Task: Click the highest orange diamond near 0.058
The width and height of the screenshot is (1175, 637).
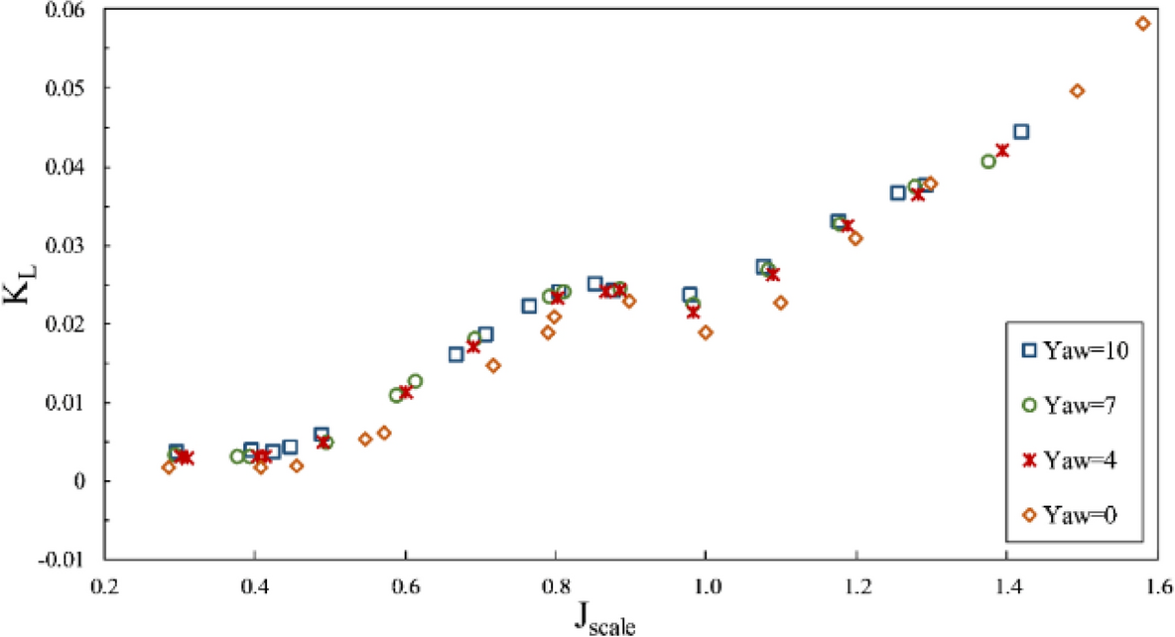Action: [x=1142, y=23]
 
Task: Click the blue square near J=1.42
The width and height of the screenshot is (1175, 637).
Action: [x=1021, y=132]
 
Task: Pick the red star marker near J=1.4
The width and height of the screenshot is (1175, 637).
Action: [x=1002, y=151]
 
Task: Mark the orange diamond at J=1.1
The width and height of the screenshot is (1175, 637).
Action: [x=781, y=303]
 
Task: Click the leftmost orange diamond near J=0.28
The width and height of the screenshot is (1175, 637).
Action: [x=169, y=467]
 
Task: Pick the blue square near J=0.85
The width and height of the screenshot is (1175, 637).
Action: [x=595, y=284]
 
